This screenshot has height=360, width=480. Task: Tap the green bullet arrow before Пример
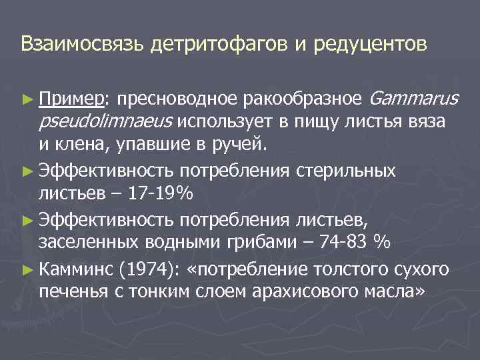[x=26, y=99]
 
